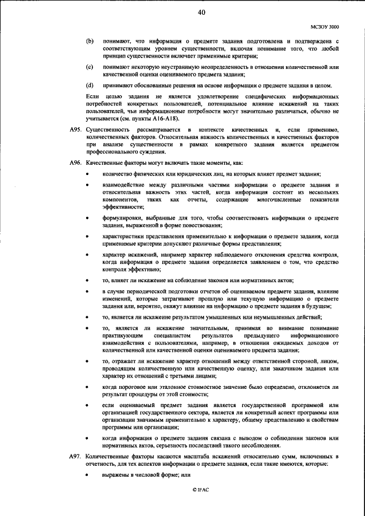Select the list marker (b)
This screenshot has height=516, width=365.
pos(89,42)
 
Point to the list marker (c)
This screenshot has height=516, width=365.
pos(89,68)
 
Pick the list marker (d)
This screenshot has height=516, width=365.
pos(89,86)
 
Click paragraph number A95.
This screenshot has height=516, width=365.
pos(76,131)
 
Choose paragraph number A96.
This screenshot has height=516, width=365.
pos(76,164)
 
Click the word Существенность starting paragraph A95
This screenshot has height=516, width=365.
pos(104,131)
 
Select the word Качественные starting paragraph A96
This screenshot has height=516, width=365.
pos(103,164)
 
